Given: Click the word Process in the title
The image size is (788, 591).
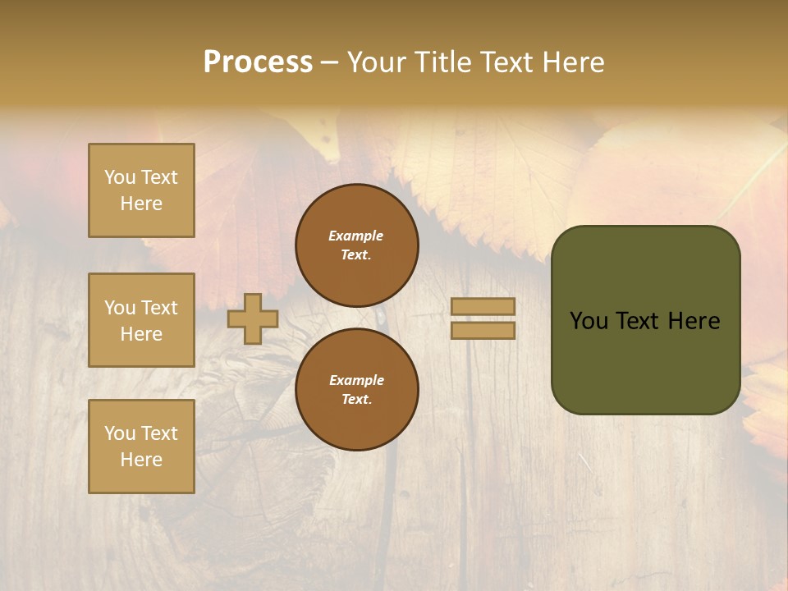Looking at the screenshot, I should [258, 62].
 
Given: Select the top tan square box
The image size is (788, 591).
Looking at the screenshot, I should [141, 190].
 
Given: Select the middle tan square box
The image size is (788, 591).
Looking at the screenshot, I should [141, 320].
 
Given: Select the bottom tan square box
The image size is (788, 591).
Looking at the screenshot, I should [141, 447].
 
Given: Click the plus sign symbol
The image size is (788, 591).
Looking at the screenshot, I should [253, 318].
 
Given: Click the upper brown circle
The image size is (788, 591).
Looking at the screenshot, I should [356, 245].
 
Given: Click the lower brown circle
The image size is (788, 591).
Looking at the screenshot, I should [356, 390].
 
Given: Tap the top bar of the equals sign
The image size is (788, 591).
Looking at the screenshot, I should [483, 306].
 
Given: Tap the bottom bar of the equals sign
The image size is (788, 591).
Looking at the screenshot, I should [483, 330].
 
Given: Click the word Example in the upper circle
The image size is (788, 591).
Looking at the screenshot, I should [356, 236].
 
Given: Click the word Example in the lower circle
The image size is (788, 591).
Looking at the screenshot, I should [356, 380].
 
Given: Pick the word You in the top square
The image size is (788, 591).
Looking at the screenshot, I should [120, 177].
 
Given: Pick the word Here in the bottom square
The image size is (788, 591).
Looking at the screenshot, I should [141, 460].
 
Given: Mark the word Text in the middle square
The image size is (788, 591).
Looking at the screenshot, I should [158, 308].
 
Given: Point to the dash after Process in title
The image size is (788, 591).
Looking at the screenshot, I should [329, 63].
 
